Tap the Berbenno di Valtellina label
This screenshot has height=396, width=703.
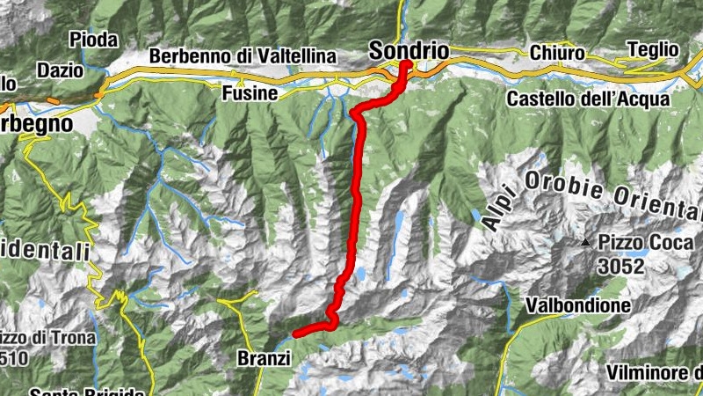[x=243, y=56]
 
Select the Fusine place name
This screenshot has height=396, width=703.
[x=250, y=93]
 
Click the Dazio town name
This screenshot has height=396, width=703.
[x=60, y=70]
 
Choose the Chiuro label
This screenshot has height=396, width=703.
[x=557, y=54]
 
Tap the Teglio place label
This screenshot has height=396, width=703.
[x=653, y=50]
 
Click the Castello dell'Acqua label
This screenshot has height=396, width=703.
[x=588, y=99]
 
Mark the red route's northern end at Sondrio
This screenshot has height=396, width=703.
[x=406, y=64]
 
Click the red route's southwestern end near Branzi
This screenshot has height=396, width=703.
[x=296, y=333]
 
